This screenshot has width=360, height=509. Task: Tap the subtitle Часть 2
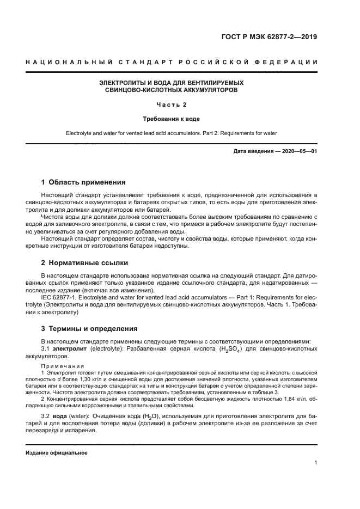pos(172,104)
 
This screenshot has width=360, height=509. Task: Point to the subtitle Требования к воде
pos(172,118)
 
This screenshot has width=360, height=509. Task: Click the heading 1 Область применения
pos(84,182)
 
